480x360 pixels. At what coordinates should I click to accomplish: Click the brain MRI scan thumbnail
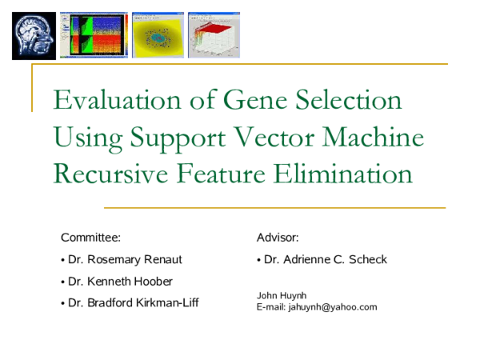(x=34, y=35)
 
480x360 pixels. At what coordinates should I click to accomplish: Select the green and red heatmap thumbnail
(x=94, y=35)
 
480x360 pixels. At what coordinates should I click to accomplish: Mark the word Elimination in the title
(x=338, y=174)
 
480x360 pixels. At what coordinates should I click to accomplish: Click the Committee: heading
(x=90, y=238)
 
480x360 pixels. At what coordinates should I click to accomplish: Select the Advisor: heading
(x=278, y=238)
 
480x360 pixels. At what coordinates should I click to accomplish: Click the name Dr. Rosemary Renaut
(x=126, y=260)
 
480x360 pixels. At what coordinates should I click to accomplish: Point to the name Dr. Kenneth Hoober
(x=119, y=282)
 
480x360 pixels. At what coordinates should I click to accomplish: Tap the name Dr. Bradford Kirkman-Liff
(x=133, y=303)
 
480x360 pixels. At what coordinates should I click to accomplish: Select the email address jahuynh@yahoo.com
(x=333, y=307)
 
